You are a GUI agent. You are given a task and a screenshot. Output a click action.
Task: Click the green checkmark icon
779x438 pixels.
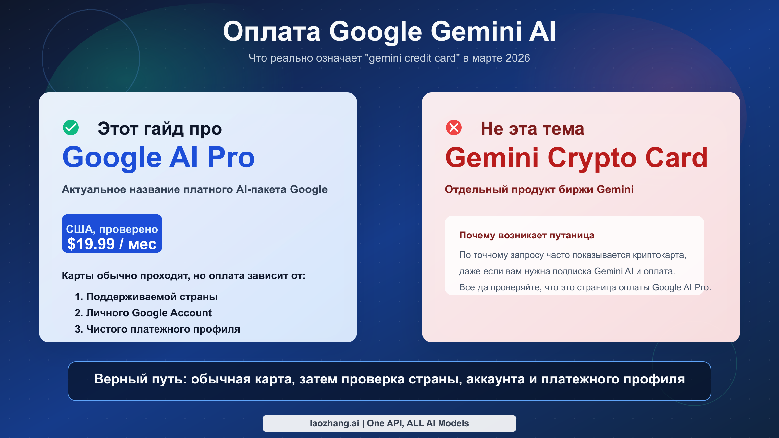tap(71, 128)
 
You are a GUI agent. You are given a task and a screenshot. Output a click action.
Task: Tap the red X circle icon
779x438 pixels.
tap(454, 128)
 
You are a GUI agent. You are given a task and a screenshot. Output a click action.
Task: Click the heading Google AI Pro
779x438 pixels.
tap(158, 157)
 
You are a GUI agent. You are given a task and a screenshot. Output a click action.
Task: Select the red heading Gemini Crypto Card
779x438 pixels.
tap(576, 158)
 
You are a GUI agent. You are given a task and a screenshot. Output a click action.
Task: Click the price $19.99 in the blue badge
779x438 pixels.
tap(91, 244)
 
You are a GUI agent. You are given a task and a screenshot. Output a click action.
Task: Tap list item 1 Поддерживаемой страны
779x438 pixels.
tap(146, 297)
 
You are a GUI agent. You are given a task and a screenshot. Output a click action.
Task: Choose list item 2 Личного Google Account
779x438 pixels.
tap(143, 313)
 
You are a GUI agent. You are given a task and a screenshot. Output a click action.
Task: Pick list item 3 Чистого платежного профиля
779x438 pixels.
tap(157, 329)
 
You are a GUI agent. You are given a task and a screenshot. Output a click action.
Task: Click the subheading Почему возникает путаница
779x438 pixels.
tap(526, 235)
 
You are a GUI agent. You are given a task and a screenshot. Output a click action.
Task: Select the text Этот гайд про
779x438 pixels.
tap(160, 129)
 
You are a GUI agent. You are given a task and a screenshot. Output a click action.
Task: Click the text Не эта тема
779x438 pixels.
tap(532, 129)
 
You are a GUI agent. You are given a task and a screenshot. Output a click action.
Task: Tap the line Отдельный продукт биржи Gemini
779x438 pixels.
tap(539, 189)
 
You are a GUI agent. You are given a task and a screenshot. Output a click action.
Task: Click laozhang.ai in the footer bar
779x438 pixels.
tap(334, 423)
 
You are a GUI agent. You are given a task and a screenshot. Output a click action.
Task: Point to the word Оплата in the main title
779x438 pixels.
tap(272, 31)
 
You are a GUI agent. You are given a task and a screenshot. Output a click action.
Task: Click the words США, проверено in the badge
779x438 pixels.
tap(112, 229)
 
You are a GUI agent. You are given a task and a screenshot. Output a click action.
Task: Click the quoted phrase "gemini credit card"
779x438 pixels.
tap(412, 58)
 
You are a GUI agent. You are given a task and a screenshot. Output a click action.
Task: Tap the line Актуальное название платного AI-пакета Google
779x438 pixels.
tap(194, 189)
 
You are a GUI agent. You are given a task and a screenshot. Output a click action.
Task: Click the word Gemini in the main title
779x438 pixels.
tap(476, 31)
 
